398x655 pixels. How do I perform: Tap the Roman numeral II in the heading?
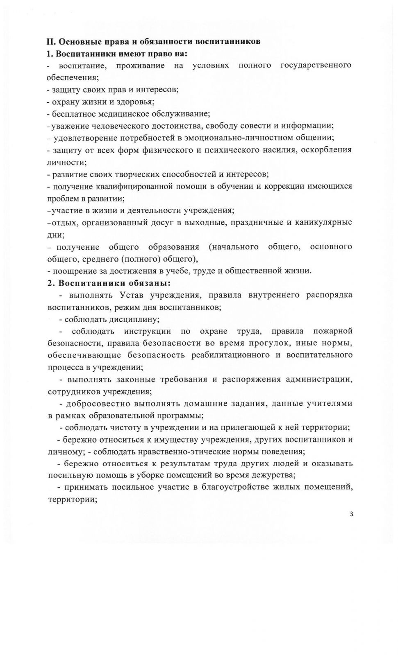pyautogui.click(x=50, y=42)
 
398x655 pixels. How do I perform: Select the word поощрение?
pyautogui.click(x=74, y=271)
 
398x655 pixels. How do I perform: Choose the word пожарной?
pyautogui.click(x=332, y=331)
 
